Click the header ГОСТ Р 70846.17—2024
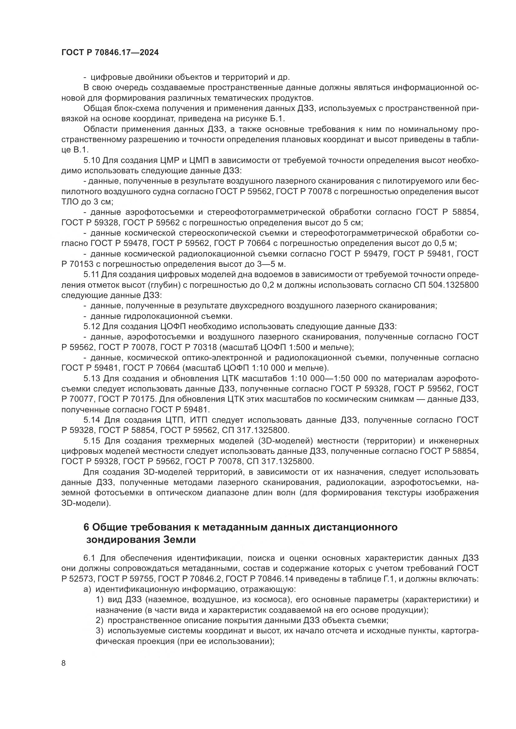tap(110, 53)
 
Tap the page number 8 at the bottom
tap(64, 663)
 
